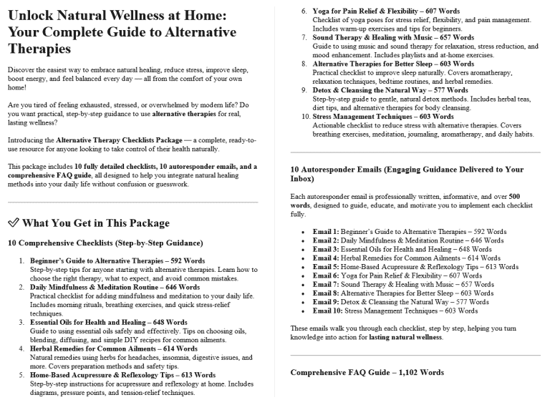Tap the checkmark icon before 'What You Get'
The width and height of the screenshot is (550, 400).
12,223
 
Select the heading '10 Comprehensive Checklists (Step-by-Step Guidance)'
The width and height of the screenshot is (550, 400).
105,243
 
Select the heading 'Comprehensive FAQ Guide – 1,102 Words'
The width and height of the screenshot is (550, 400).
367,373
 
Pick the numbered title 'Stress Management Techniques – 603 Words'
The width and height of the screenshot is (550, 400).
372,117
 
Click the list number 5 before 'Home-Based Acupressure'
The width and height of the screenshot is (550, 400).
22,375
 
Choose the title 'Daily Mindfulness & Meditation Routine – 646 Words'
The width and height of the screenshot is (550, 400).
105,287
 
